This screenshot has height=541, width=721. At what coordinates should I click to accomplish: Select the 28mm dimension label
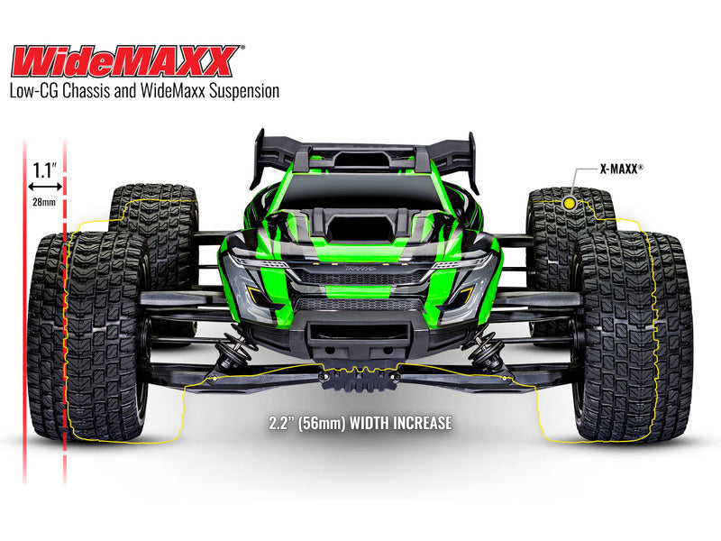pyautogui.click(x=42, y=201)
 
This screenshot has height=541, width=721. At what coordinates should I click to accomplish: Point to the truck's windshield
pyautogui.click(x=360, y=189)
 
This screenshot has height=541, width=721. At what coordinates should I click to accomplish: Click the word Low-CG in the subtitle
pyautogui.click(x=36, y=91)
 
